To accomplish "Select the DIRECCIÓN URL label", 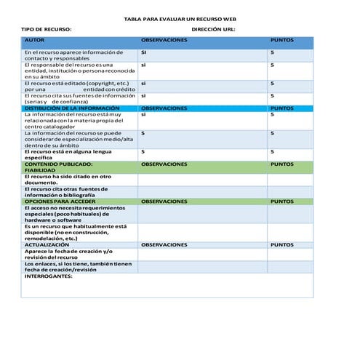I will (213, 29).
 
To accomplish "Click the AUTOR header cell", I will (34, 40).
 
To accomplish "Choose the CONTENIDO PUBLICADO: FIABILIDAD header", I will (58, 167).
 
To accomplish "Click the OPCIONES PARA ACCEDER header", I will (60, 200).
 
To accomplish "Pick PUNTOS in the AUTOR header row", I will (281, 40).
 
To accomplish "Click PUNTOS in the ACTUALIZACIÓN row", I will (281, 245).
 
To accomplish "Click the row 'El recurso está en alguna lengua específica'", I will (68, 154).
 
